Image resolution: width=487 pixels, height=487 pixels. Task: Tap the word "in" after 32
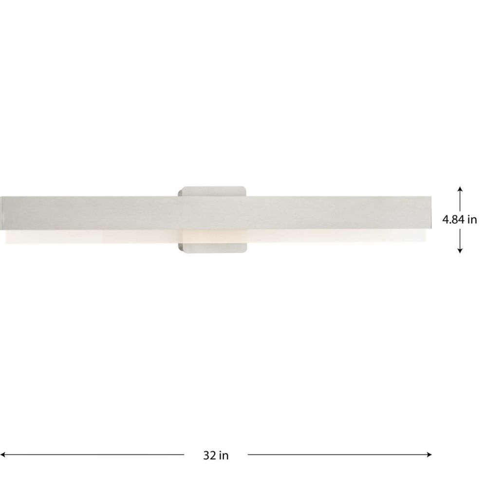(x=224, y=455)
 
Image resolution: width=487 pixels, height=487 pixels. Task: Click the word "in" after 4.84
(x=472, y=220)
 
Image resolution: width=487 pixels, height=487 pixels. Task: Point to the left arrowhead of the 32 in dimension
(x=2, y=455)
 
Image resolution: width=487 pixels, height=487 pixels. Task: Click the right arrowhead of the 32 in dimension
(x=429, y=455)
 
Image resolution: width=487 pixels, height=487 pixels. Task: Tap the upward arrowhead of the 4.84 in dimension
(x=460, y=189)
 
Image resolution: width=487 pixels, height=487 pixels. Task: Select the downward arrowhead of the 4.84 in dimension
(x=460, y=250)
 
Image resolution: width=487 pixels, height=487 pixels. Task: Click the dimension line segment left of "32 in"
(x=92, y=455)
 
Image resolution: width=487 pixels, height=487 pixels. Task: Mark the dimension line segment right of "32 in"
(x=340, y=455)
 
